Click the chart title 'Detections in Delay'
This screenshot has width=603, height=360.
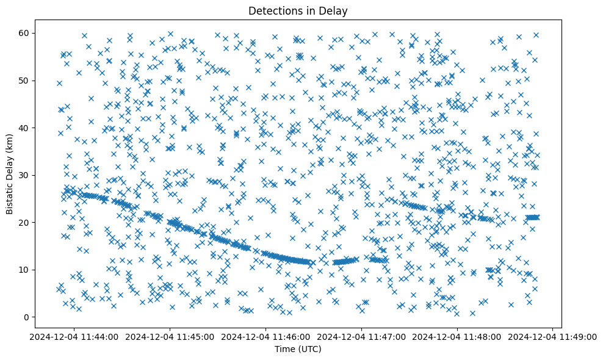click(x=298, y=10)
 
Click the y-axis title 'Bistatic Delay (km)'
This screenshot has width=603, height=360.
click(x=10, y=174)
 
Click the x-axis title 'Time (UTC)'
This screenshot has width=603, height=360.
click(x=298, y=350)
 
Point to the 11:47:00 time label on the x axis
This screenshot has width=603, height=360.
click(x=361, y=336)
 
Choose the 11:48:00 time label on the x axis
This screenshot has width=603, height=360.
click(x=457, y=336)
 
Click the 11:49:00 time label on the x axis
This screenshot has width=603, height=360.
click(x=552, y=336)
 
